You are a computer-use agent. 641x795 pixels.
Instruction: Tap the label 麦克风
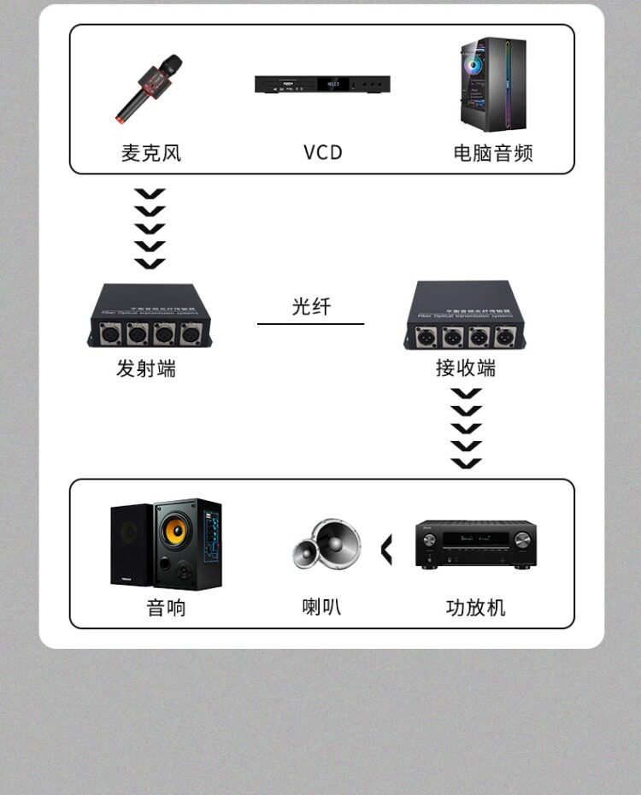tap(151, 153)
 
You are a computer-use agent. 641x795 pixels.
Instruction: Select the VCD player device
tap(322, 85)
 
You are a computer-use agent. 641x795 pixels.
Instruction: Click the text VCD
tap(322, 153)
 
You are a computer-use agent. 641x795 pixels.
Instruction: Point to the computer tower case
tap(489, 84)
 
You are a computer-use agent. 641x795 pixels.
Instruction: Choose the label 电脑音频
tap(493, 153)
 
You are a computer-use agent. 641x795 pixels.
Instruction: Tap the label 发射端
tap(146, 369)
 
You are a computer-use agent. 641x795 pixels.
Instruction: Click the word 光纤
tap(311, 306)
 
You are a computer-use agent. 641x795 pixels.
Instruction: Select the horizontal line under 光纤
tap(311, 324)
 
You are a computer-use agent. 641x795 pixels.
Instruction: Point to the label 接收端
tap(466, 369)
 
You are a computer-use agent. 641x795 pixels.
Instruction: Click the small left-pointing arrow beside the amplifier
tap(386, 550)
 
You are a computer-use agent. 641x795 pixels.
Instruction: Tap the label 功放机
tap(476, 608)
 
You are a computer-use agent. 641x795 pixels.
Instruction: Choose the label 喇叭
tap(322, 607)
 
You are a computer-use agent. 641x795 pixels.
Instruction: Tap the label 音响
tap(166, 608)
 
